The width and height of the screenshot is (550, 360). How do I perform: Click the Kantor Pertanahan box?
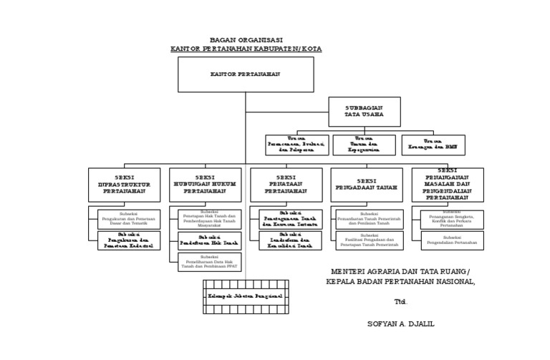click(246, 74)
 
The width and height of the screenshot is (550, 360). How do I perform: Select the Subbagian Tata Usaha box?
click(365, 112)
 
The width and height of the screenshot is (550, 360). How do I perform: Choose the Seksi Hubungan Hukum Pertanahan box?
click(205, 185)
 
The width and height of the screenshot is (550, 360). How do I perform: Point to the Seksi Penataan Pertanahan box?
click(286, 185)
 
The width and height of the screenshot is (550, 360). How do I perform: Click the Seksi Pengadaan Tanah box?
click(367, 185)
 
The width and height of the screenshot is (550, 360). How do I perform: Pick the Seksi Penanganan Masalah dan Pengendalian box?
click(448, 185)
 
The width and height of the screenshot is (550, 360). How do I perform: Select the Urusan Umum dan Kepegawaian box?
click(364, 145)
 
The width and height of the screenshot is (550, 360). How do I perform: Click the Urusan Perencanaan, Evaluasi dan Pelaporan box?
click(297, 145)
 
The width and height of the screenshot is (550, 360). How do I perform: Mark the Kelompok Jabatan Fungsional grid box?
click(245, 296)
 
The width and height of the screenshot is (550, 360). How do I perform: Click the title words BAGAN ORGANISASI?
click(246, 40)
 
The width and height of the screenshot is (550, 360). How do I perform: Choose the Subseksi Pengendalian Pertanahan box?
click(452, 240)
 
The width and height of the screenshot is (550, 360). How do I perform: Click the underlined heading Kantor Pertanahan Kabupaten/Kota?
click(246, 49)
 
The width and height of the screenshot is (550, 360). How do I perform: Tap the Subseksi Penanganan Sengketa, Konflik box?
click(452, 218)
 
